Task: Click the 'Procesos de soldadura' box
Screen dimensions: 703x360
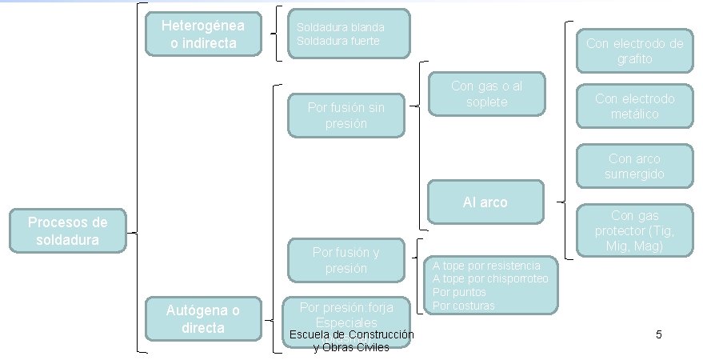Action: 67,230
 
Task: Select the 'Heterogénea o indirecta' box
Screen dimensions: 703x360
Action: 203,34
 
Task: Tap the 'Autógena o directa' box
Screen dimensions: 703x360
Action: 203,318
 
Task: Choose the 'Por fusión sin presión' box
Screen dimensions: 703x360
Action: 346,115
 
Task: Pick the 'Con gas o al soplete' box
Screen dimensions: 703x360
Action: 486,94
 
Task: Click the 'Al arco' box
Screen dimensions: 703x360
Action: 485,202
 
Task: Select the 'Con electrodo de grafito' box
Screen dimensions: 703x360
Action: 635,51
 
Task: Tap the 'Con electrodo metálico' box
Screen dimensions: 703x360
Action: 635,106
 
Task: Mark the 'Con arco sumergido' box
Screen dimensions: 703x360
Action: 635,166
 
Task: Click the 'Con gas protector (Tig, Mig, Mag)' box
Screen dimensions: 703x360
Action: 635,231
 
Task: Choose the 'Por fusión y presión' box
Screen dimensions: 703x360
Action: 346,260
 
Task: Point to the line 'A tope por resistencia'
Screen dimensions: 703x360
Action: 486,266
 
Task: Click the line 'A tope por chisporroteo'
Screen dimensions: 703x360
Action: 490,279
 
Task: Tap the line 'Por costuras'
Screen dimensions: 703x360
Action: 464,306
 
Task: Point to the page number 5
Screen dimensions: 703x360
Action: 658,334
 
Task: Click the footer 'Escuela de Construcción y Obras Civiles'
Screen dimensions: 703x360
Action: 352,341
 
